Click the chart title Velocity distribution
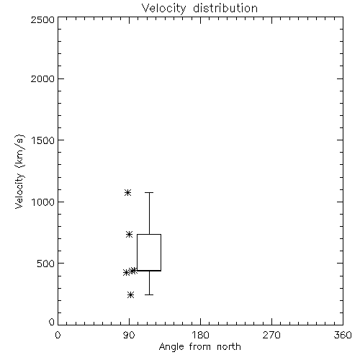coord(199,9)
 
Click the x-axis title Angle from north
coord(199,347)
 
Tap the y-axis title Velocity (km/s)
coord(19,171)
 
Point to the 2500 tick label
coord(42,19)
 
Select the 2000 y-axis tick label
coord(42,78)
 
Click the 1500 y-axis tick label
coord(43,140)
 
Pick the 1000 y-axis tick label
coord(43,202)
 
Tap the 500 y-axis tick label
coord(46,264)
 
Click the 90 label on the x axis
coord(129,335)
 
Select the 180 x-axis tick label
coord(200,335)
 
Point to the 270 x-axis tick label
coord(271,335)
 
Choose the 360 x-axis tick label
coord(343,335)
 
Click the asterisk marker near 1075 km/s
coord(127,192)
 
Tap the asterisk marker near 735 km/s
coord(129,234)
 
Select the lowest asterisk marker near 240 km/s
coord(130,294)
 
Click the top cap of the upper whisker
coord(149,192)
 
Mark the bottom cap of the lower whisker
coord(149,294)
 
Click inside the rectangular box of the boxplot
coord(149,252)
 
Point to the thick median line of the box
coord(149,271)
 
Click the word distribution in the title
coord(225,9)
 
